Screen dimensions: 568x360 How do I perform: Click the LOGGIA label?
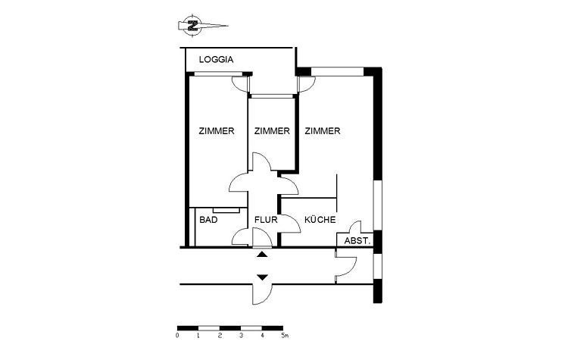[217, 60]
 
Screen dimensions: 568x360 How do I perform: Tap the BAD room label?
[209, 220]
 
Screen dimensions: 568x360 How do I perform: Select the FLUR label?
[266, 220]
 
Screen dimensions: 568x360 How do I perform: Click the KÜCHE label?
[320, 220]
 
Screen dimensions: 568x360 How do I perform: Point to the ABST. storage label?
[357, 241]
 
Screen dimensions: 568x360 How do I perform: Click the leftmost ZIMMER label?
[217, 131]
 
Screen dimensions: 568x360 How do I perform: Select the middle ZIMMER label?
[272, 131]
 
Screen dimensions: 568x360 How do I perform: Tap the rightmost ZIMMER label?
[323, 131]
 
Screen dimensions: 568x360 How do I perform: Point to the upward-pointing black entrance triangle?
[262, 255]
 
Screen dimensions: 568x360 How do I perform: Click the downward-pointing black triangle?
[262, 277]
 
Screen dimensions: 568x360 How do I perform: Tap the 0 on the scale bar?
[177, 336]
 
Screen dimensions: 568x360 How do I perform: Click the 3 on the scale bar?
[241, 336]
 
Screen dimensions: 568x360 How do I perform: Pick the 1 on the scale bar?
[198, 336]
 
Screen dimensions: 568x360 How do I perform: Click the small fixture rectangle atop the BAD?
[226, 210]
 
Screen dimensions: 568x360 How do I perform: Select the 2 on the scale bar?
[220, 336]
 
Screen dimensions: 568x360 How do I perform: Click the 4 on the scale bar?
[262, 336]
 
